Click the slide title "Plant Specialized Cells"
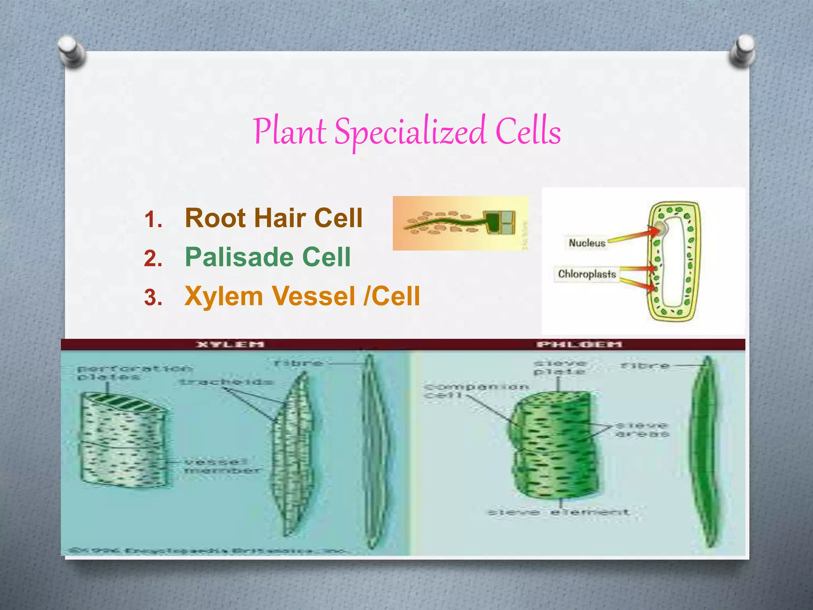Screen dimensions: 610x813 (407, 131)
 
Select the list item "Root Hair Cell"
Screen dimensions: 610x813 (274, 218)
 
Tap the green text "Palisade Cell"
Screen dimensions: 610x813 (268, 257)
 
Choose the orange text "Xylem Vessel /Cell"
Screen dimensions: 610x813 (302, 296)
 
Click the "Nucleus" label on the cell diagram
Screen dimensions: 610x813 (587, 243)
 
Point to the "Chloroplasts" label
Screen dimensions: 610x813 (587, 274)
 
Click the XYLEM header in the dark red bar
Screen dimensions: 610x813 (230, 344)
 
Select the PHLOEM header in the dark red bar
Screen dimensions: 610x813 (579, 344)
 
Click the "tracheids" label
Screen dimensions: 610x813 (226, 382)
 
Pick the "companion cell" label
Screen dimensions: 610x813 (476, 391)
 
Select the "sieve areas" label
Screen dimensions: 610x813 (642, 430)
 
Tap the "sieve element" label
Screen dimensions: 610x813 (558, 512)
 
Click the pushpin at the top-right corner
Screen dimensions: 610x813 (742, 51)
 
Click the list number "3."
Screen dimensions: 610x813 (153, 297)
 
